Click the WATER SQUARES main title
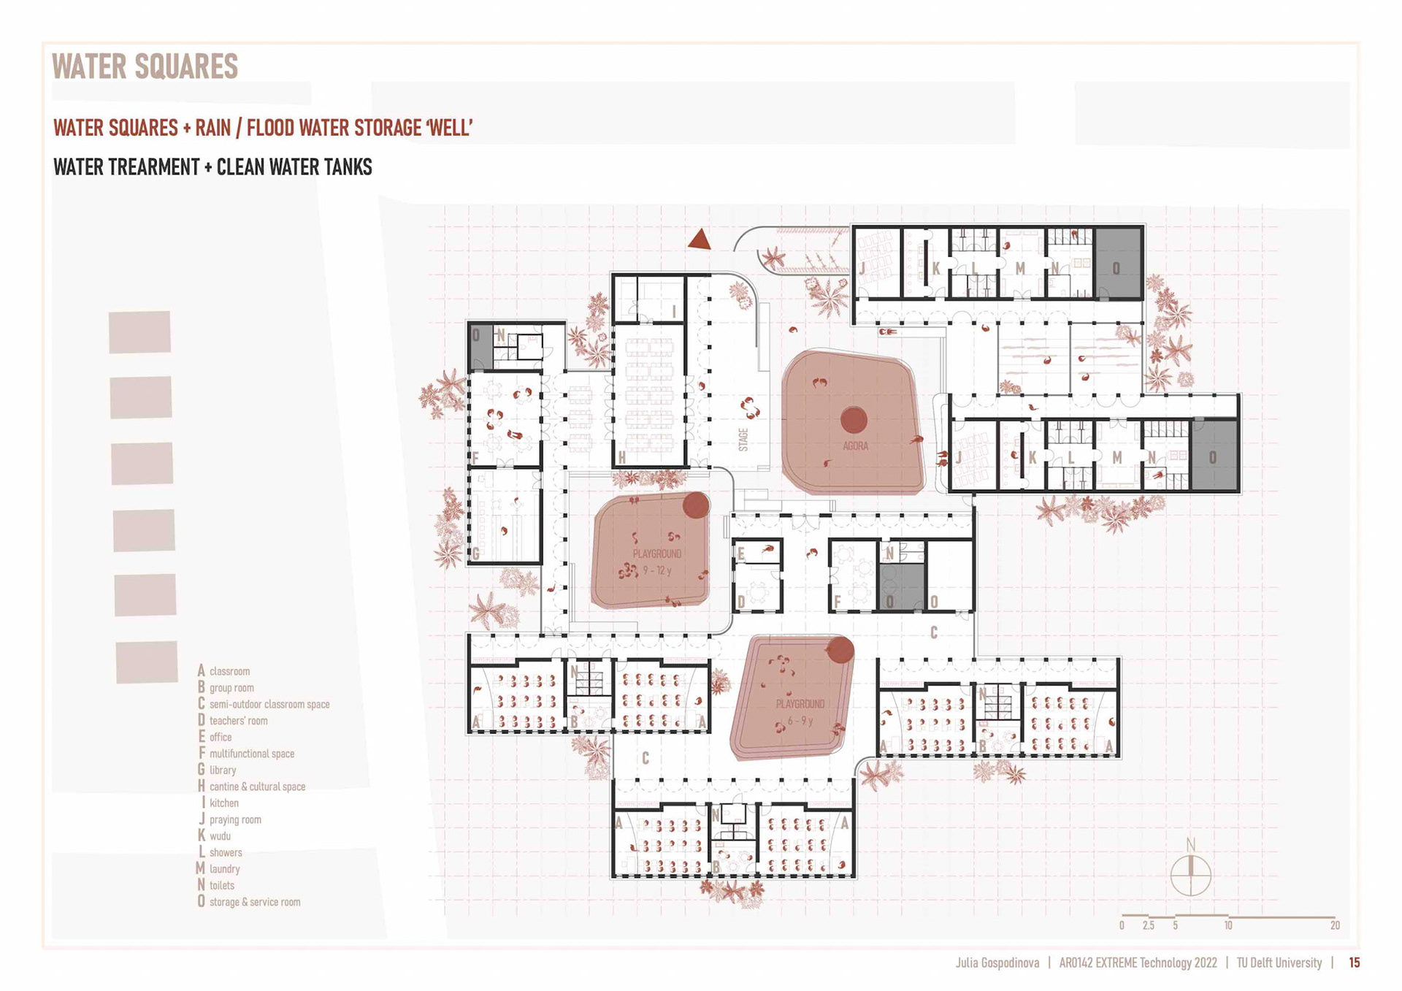(x=145, y=66)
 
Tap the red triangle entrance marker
(x=700, y=240)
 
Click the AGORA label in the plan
(x=855, y=445)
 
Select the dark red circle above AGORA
(x=854, y=420)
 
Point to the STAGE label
(x=743, y=440)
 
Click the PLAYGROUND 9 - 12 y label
(x=657, y=562)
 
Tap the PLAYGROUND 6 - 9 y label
(x=800, y=712)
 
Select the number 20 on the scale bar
(x=1335, y=925)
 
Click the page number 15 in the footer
(x=1355, y=963)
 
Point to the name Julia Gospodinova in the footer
(x=997, y=963)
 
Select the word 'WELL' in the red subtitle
(x=451, y=128)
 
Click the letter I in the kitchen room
(x=673, y=311)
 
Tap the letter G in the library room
(x=476, y=553)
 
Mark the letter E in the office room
(x=741, y=554)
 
